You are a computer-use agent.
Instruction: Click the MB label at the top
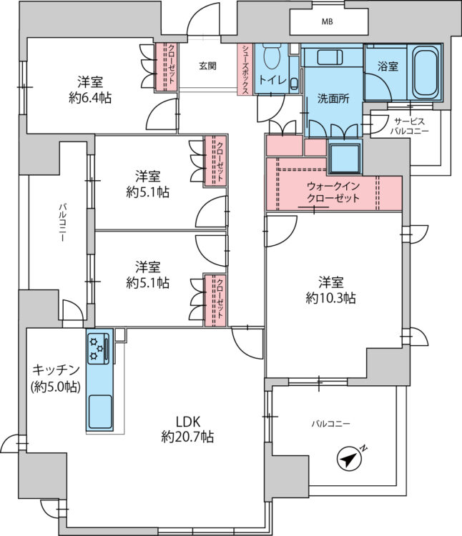[328, 21]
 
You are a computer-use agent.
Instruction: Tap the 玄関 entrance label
[207, 65]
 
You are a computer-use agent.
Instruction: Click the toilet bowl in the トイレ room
[272, 56]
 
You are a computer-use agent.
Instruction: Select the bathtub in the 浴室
[425, 71]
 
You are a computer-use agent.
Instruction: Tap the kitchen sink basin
[100, 412]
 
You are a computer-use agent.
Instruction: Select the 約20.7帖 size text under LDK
[188, 437]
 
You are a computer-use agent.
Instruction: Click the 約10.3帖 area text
[330, 298]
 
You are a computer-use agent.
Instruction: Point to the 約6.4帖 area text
[90, 98]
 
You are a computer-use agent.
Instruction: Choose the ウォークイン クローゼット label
[333, 192]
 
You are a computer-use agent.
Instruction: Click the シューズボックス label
[245, 69]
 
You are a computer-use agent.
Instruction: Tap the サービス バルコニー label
[409, 126]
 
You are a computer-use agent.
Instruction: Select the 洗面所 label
[333, 99]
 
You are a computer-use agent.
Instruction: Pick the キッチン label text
[56, 370]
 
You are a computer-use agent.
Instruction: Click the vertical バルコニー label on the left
[62, 223]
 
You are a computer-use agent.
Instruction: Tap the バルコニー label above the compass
[330, 424]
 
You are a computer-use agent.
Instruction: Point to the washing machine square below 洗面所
[345, 158]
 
